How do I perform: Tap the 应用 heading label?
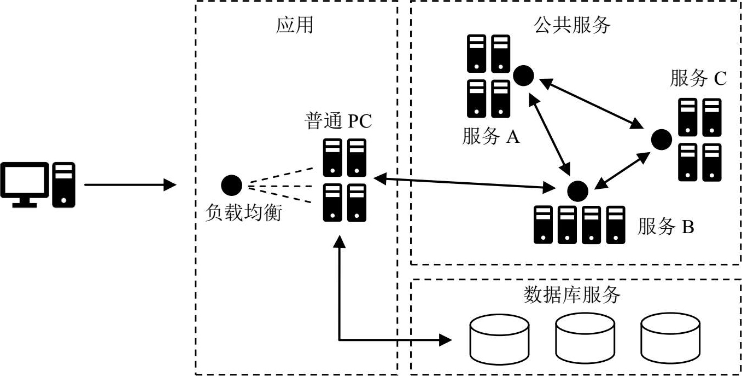point(295,25)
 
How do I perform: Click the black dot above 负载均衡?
point(231,185)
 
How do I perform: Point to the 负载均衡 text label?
point(243,212)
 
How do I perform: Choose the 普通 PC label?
point(338,121)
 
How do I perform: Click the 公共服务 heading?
point(571,25)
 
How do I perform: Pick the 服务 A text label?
point(490,136)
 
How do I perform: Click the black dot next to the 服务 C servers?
point(661,139)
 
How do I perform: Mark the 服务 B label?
point(665,227)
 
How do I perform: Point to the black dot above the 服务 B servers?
point(577,190)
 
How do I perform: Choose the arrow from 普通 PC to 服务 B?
point(463,183)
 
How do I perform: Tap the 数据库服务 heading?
point(572,296)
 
